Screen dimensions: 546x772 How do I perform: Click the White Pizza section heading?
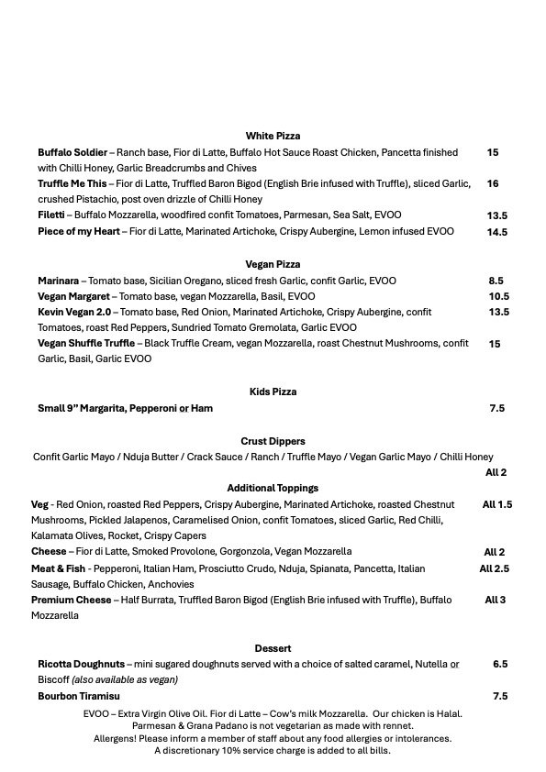[x=273, y=136]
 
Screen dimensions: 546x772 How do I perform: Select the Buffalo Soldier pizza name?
[x=72, y=152]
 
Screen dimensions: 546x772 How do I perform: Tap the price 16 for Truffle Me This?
[x=493, y=184]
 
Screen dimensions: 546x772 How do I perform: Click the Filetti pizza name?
[x=51, y=215]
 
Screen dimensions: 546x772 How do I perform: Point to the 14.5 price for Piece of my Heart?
[x=497, y=233]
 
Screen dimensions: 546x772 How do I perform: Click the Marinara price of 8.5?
[x=496, y=281]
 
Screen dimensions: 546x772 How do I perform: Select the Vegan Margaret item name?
[x=73, y=296]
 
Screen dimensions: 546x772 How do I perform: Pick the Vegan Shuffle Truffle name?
[x=87, y=344]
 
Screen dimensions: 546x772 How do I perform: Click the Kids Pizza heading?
[x=273, y=392]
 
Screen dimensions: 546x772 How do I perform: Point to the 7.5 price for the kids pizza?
[x=497, y=408]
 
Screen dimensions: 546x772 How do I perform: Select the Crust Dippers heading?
[x=273, y=441]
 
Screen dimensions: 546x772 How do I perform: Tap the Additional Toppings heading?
[x=273, y=488]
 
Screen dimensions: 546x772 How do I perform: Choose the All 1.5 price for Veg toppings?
[x=497, y=504]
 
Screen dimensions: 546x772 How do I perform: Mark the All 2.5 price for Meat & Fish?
[x=494, y=568]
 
